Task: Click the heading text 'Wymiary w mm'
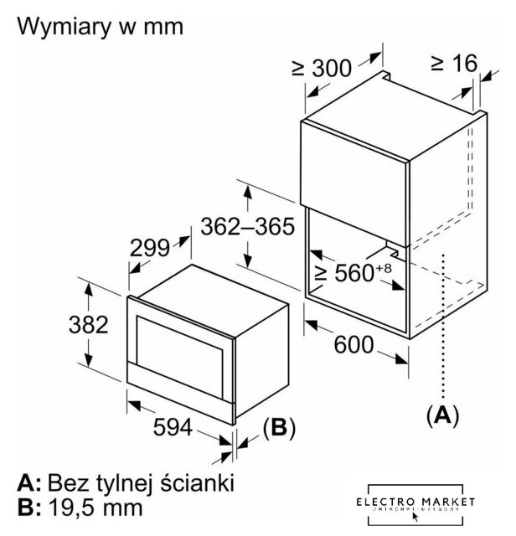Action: tap(99, 27)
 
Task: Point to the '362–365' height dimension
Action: tap(244, 225)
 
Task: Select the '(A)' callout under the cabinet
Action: tap(442, 414)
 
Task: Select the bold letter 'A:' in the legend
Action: tap(27, 483)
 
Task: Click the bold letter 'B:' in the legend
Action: tap(27, 508)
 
